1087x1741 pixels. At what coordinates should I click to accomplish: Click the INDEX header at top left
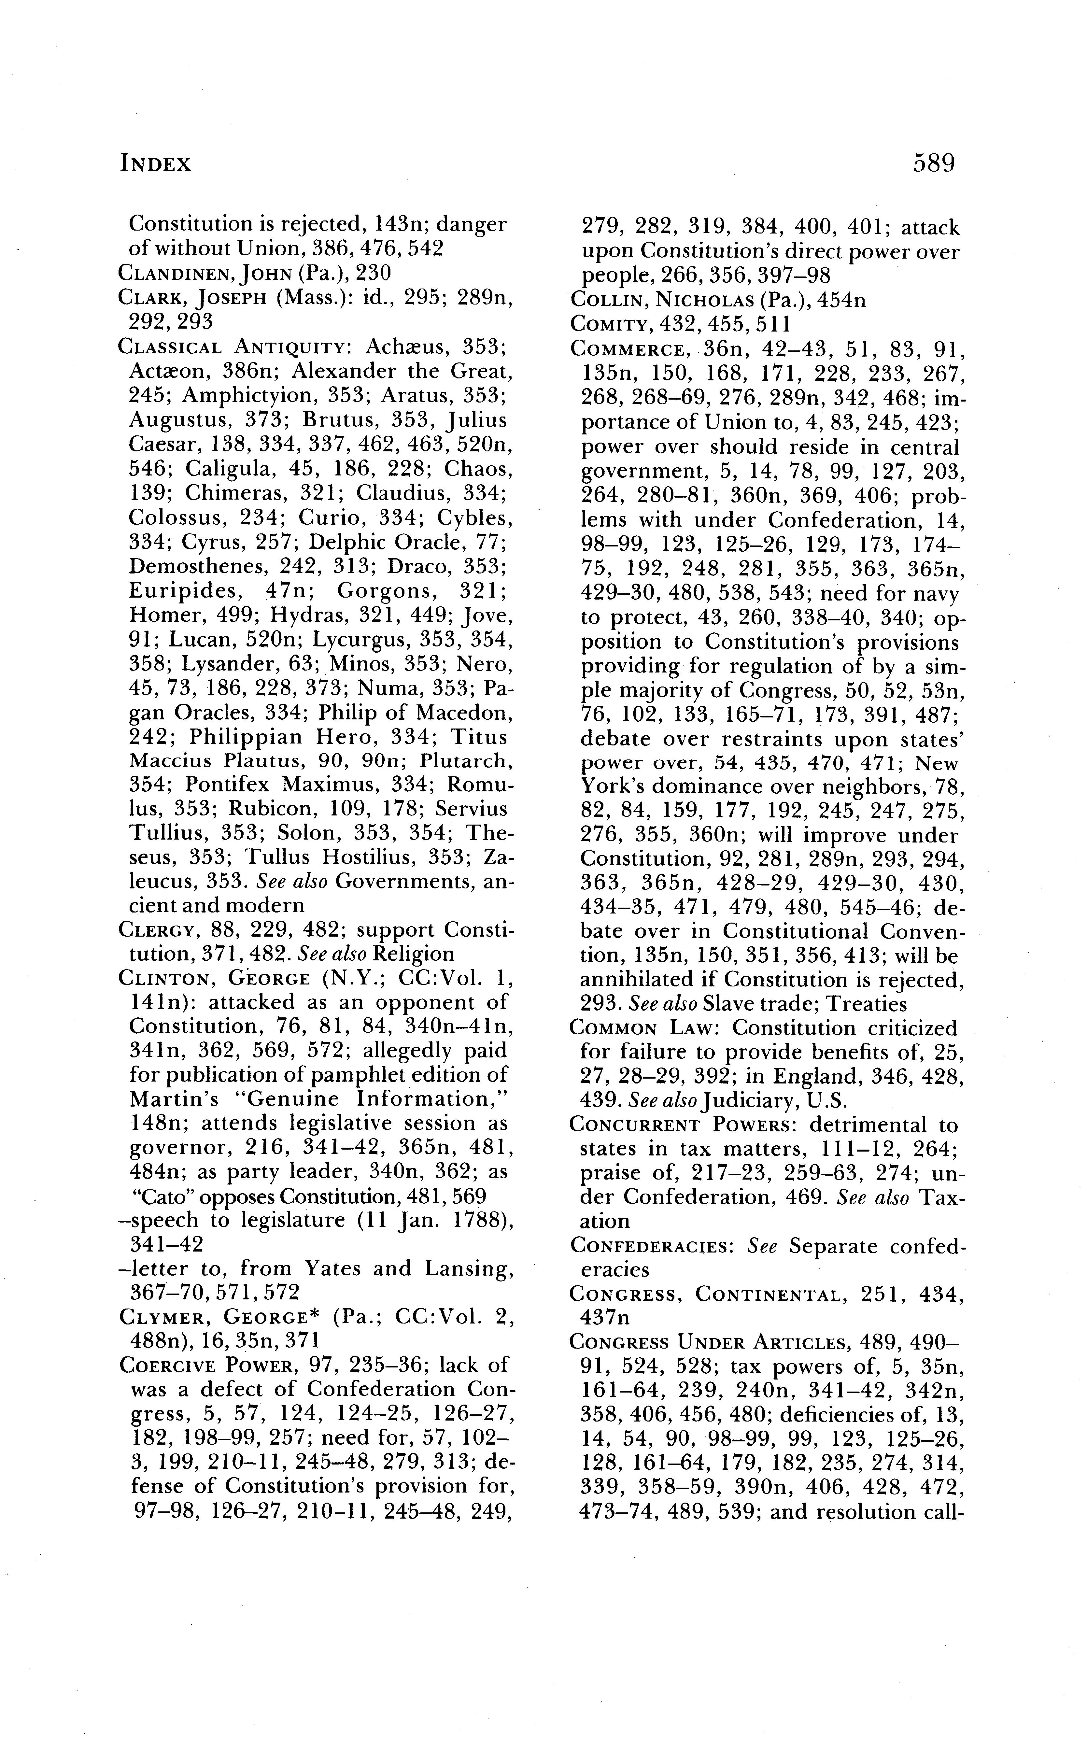click(x=155, y=164)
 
